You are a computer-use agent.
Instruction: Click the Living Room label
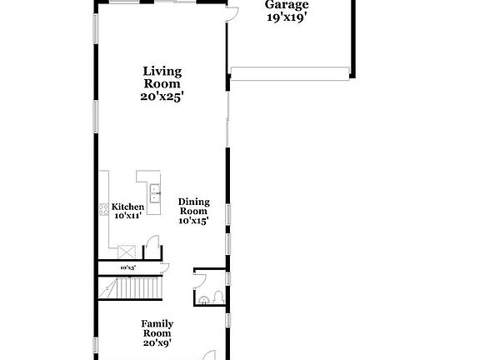click(162, 77)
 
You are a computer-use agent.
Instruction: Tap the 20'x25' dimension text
click(162, 96)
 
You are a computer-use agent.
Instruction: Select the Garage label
click(287, 4)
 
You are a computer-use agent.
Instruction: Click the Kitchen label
click(127, 207)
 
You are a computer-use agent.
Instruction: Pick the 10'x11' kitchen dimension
click(127, 216)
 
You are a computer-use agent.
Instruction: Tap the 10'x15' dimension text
click(193, 220)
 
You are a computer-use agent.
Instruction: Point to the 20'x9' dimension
click(157, 342)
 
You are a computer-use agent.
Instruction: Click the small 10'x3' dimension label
click(127, 267)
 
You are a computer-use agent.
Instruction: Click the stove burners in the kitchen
click(104, 209)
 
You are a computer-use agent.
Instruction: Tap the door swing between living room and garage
click(234, 12)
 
